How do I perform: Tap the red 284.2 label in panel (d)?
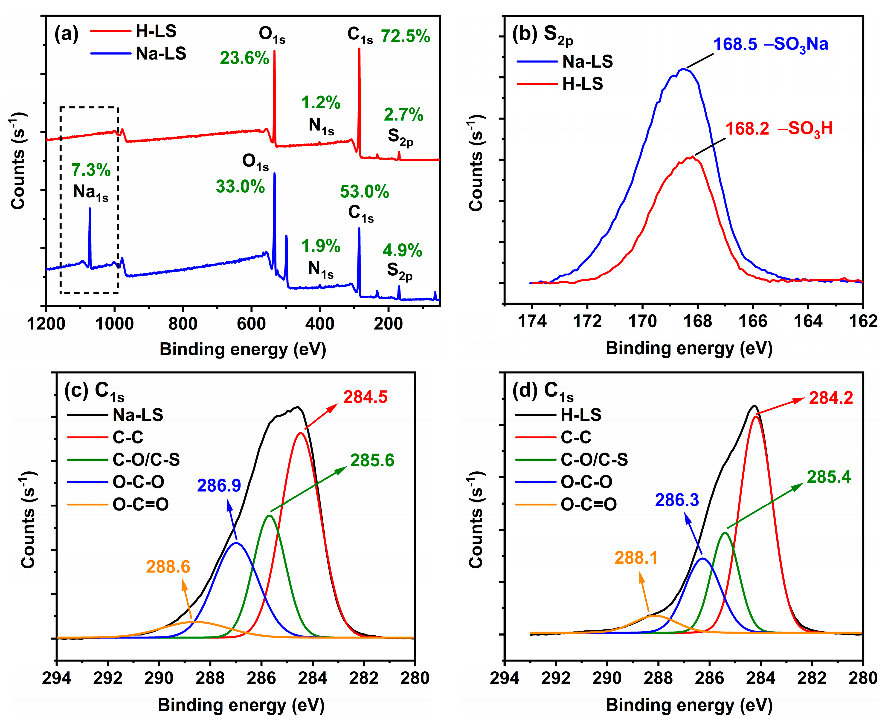(x=831, y=398)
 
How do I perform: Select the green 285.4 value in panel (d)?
(x=829, y=477)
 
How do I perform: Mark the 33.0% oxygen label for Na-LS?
(x=240, y=187)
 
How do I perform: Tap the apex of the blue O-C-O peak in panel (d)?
(x=703, y=558)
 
